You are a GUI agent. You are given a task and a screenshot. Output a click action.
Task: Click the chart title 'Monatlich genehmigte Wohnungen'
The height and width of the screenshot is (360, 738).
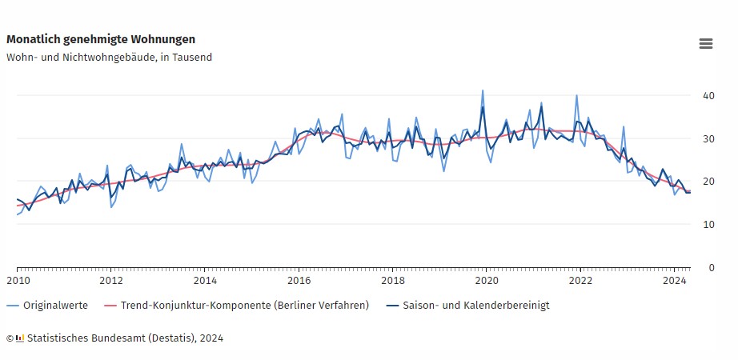(101, 39)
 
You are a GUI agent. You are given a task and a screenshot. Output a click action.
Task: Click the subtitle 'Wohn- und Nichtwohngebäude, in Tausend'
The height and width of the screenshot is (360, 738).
(109, 58)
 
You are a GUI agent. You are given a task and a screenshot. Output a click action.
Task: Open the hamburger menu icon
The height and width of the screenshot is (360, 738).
(705, 44)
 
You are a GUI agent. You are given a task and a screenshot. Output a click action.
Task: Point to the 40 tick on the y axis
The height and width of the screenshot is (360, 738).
(708, 95)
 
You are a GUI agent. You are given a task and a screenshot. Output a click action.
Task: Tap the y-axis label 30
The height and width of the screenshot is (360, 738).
(708, 138)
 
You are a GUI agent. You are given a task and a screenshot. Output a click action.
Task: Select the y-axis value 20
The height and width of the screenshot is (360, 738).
(708, 182)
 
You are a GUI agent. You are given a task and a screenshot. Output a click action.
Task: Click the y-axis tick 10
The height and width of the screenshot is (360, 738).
(708, 225)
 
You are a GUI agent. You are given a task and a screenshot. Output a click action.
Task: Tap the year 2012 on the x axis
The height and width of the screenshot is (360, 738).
(110, 281)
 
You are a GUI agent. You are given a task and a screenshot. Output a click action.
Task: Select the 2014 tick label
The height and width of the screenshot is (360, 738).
(205, 281)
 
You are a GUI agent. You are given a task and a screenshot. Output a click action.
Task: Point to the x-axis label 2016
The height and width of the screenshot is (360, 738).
(299, 281)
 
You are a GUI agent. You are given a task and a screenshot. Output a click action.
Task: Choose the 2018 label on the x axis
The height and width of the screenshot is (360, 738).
(393, 281)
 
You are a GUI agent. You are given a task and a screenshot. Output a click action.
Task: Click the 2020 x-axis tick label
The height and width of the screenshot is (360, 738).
(487, 281)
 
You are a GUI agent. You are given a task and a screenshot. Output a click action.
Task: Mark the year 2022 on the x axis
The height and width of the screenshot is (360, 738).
(581, 281)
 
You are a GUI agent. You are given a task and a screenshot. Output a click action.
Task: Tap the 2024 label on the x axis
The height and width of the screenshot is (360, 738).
(675, 281)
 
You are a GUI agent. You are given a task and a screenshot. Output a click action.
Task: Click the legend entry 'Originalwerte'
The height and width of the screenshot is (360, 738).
(55, 306)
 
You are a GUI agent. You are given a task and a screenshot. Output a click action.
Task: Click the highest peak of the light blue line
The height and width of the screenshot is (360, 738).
(483, 90)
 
